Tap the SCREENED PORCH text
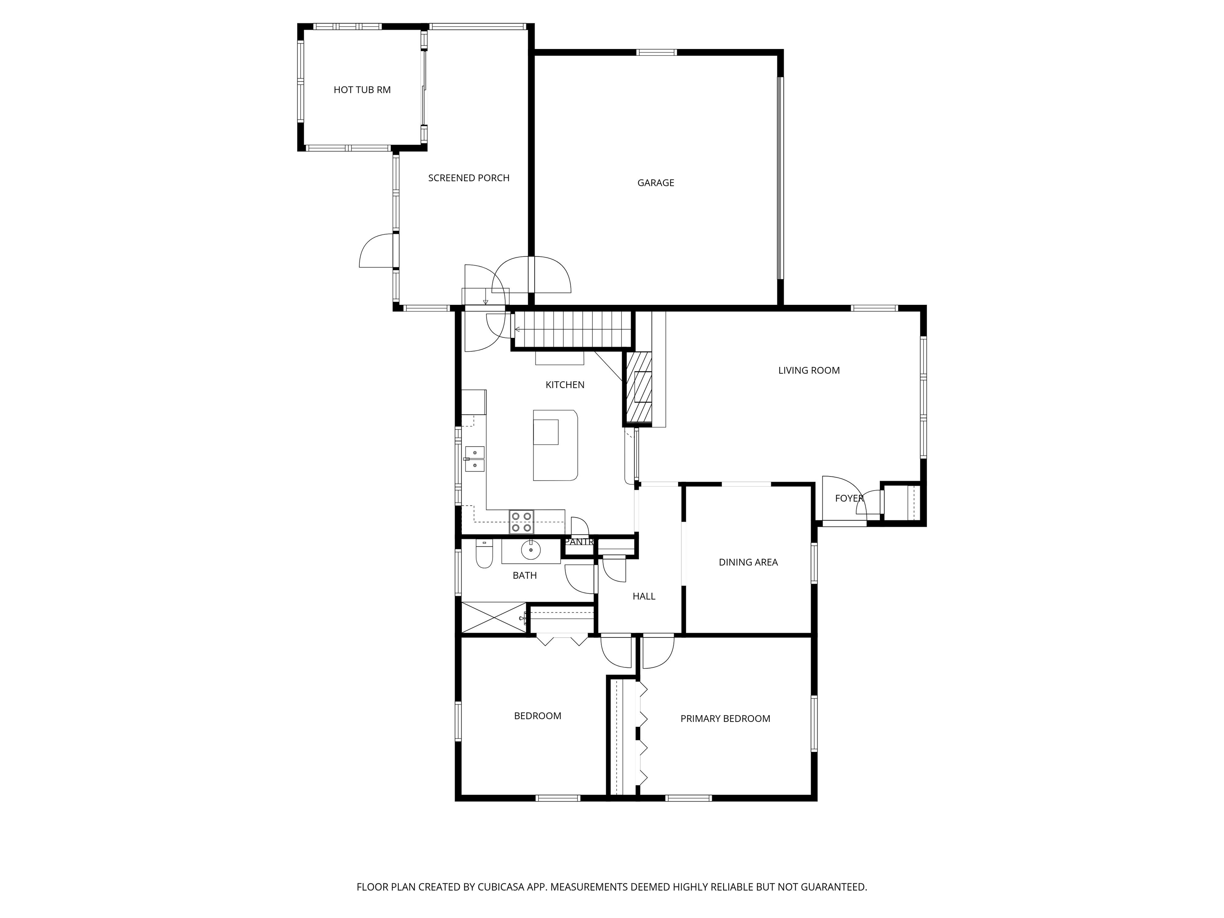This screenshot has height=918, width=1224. [x=469, y=178]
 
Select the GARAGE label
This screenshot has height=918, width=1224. [x=656, y=182]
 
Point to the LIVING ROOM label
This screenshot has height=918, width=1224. [x=809, y=370]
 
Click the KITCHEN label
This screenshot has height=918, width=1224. [x=565, y=384]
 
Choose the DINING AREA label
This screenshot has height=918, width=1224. [x=748, y=562]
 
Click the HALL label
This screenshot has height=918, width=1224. [x=644, y=596]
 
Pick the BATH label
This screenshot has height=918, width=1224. [x=525, y=575]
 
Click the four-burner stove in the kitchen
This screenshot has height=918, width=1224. [x=522, y=522]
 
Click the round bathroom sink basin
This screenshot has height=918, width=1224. [x=531, y=549]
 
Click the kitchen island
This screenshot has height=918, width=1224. [x=555, y=445]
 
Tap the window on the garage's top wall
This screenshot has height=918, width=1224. [x=656, y=53]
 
